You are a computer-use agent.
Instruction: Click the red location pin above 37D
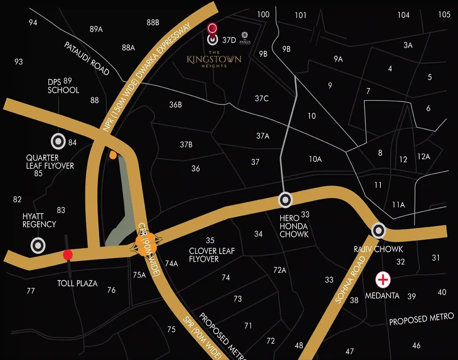pos(212,28)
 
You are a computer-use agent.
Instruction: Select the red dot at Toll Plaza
pos(68,255)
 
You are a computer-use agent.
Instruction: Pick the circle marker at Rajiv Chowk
pos(379,231)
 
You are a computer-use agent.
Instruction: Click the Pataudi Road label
pos(86,59)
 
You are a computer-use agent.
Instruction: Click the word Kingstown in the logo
pos(214,59)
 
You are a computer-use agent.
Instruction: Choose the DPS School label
pos(63,86)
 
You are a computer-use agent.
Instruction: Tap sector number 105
pos(444,15)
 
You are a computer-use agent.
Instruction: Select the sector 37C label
pos(262,98)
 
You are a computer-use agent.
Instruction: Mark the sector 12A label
pos(424,156)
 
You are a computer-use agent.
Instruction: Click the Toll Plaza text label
pos(77,283)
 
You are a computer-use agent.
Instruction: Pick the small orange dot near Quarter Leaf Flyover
pos(113,155)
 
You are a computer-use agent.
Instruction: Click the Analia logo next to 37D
pos(246,39)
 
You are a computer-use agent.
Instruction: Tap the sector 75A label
pos(139,275)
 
